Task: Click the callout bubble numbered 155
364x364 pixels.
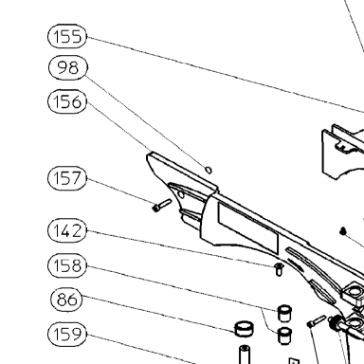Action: pyautogui.click(x=67, y=36)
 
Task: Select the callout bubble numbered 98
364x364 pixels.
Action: pyautogui.click(x=68, y=67)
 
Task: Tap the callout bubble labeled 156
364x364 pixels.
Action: pyautogui.click(x=67, y=101)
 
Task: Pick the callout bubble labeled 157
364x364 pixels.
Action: pyautogui.click(x=67, y=178)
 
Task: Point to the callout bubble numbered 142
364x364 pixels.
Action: pyautogui.click(x=67, y=230)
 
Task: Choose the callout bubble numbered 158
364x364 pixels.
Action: pyautogui.click(x=67, y=265)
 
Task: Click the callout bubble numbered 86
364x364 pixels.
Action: pyautogui.click(x=66, y=300)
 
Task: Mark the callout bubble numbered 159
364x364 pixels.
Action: pyautogui.click(x=67, y=334)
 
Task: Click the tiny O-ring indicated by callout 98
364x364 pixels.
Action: pyautogui.click(x=209, y=170)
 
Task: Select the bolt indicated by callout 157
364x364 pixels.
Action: pyautogui.click(x=161, y=205)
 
